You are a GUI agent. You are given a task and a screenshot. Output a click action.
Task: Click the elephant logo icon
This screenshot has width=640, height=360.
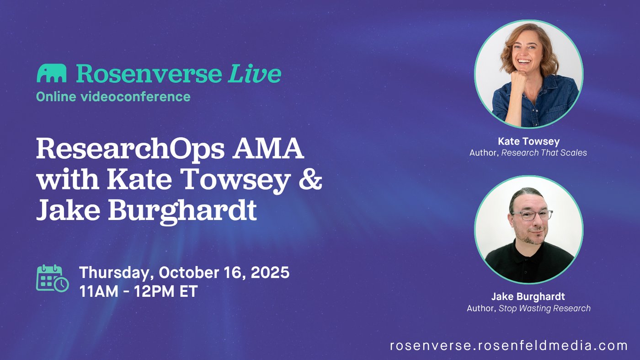pyautogui.click(x=51, y=73)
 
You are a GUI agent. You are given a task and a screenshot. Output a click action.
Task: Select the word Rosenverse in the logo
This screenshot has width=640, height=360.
pyautogui.click(x=149, y=74)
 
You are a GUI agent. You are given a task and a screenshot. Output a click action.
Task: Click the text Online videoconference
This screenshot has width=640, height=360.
pyautogui.click(x=113, y=97)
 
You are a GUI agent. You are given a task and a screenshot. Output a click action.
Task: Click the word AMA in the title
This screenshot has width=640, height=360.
pyautogui.click(x=268, y=148)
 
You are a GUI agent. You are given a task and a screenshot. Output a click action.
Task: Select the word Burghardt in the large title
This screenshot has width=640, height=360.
pyautogui.click(x=182, y=211)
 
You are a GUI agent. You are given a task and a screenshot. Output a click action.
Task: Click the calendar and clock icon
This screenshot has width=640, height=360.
pyautogui.click(x=53, y=278)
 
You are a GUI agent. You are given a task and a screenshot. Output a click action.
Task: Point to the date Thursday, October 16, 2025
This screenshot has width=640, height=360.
pyautogui.click(x=184, y=272)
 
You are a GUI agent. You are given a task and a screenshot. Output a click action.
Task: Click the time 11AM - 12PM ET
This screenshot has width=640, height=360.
pyautogui.click(x=139, y=291)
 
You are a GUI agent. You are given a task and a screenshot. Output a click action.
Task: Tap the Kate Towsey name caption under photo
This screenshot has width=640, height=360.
pyautogui.click(x=528, y=141)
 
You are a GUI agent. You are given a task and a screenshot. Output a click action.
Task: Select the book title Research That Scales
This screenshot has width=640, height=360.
pyautogui.click(x=544, y=153)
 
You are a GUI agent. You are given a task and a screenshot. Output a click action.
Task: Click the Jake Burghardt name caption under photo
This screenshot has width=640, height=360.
pyautogui.click(x=528, y=296)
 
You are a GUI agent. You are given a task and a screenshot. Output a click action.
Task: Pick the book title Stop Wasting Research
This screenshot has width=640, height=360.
pyautogui.click(x=544, y=308)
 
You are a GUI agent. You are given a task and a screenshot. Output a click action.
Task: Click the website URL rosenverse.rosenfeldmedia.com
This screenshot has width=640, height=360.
pyautogui.click(x=509, y=345)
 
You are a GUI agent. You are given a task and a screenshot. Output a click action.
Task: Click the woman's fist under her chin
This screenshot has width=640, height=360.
pyautogui.click(x=519, y=78)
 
